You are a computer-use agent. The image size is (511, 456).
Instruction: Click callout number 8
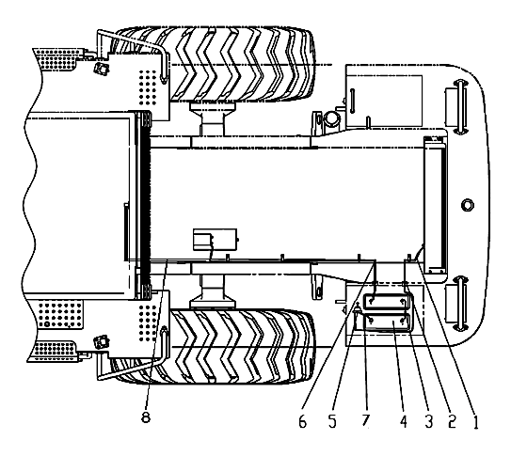coord(146,417)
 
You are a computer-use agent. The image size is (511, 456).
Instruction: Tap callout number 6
coord(303,422)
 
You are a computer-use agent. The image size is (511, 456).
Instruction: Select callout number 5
coord(332,422)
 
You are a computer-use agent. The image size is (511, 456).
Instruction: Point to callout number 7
coord(366,420)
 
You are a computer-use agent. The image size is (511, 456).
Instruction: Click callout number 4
coord(404,422)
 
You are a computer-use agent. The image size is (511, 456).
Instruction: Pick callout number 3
coord(428,422)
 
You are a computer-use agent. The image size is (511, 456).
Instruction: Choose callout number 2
coord(452,422)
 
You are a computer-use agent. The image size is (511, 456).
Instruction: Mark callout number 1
coord(475,422)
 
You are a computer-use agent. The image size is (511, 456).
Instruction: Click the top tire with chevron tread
coord(216,64)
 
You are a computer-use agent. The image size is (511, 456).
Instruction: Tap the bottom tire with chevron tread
coord(216,346)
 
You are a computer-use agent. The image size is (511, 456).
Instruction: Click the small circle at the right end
coord(468,205)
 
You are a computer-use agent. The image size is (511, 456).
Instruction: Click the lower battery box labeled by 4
coord(387,322)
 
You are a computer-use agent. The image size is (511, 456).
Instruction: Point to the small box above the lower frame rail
coord(216,239)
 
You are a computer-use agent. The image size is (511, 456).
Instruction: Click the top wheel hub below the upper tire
coord(213,118)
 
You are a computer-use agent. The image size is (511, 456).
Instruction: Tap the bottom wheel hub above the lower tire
coord(213,291)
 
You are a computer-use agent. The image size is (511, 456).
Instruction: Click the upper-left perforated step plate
coord(56,59)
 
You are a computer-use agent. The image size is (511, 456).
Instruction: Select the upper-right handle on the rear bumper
coord(459,106)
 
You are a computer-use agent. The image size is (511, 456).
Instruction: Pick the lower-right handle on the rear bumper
coord(459,303)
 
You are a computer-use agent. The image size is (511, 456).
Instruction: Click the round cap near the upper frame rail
coord(332,118)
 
